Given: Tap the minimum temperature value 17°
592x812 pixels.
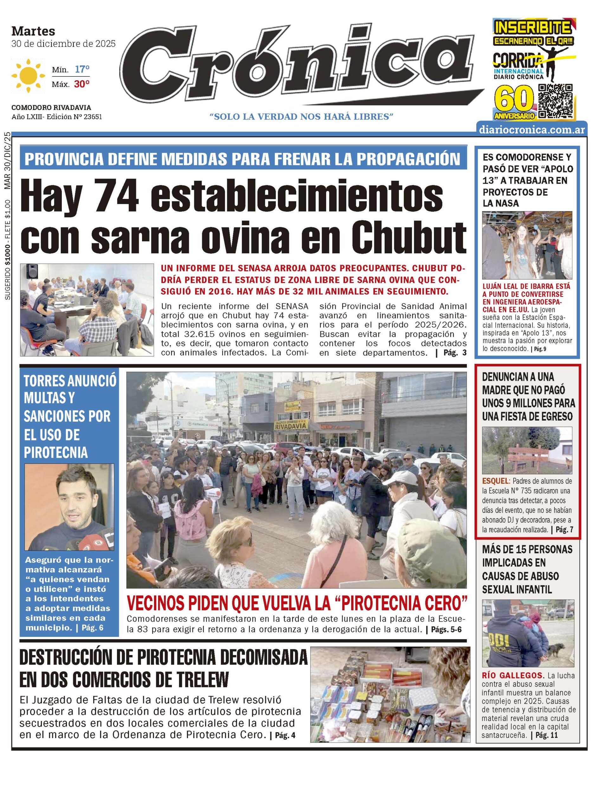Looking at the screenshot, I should pyautogui.click(x=82, y=69).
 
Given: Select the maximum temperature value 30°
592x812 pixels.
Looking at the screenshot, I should pyautogui.click(x=82, y=84).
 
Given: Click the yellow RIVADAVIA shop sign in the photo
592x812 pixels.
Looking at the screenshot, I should pyautogui.click(x=291, y=426).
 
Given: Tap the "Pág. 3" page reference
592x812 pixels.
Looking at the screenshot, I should pyautogui.click(x=455, y=353).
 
